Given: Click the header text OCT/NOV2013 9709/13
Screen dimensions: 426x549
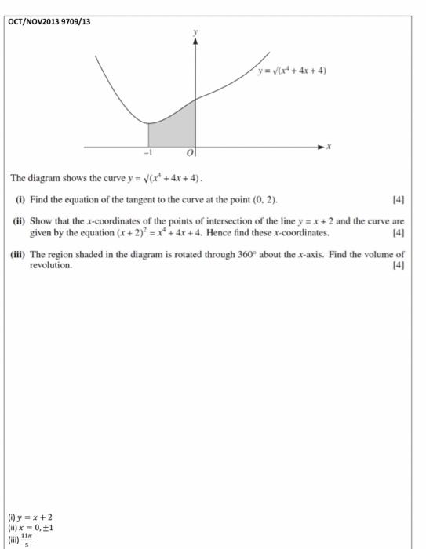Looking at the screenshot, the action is point(49,21).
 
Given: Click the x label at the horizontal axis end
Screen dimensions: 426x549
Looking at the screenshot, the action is point(330,146).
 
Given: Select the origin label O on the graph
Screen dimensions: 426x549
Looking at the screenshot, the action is point(189,155).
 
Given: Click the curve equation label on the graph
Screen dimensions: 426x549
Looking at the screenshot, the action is point(292,71).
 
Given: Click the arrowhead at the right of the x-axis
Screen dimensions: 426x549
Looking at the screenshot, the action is point(319,146).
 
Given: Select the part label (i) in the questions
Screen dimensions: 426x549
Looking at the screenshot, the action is point(20,200).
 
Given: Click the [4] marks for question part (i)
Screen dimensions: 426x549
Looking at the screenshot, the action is point(398,200).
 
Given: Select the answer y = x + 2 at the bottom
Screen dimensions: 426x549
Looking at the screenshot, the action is point(38,517).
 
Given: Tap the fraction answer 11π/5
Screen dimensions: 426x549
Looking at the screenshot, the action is point(27,540).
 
